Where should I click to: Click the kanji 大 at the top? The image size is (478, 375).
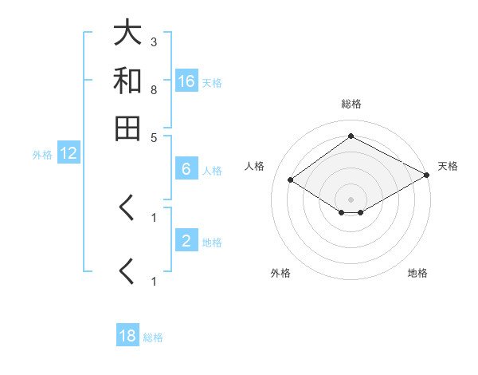[x=127, y=34]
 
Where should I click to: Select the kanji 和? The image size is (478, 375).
[x=127, y=81]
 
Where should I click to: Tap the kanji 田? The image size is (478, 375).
[x=127, y=128]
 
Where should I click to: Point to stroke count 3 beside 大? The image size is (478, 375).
[x=154, y=41]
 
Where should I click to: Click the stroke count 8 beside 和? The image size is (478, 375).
[x=154, y=89]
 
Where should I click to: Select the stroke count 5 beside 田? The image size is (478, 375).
[x=154, y=136]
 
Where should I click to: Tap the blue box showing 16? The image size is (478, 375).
[x=186, y=81]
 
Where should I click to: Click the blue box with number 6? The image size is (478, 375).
[x=186, y=169]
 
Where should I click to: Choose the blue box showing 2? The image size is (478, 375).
[x=186, y=241]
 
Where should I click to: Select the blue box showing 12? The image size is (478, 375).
[x=69, y=154]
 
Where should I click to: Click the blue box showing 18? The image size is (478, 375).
[x=127, y=336]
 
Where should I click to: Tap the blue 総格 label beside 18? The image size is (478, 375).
[x=153, y=337]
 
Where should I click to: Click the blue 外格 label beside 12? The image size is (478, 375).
[x=41, y=155]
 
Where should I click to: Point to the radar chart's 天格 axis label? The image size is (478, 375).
[x=448, y=166]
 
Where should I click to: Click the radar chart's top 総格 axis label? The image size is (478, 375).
[x=351, y=104]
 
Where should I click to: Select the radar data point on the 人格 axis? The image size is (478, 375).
[x=291, y=180]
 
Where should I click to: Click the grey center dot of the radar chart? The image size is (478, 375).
[x=351, y=199]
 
